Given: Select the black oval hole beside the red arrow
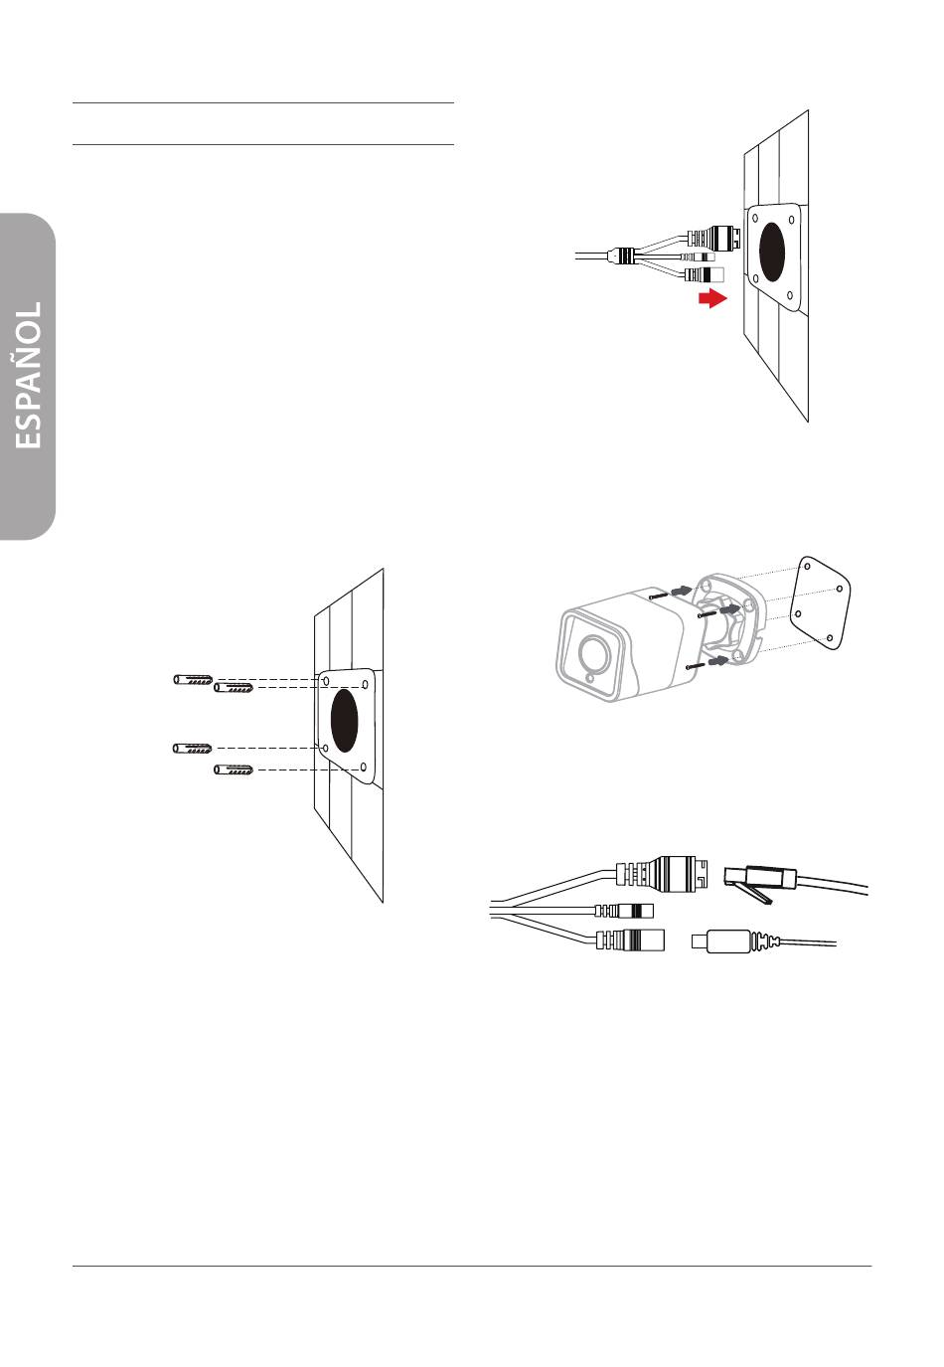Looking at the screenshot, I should click(772, 251).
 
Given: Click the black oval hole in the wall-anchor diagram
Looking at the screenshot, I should click(344, 719).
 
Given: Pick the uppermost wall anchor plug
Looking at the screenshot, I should click(193, 679).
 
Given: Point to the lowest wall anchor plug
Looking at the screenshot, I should click(234, 769).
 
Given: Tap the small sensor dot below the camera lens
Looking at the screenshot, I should click(590, 680).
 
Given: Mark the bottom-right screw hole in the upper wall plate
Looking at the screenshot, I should click(789, 294).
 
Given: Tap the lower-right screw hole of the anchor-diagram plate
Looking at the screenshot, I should click(364, 767).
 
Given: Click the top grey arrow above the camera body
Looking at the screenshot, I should click(680, 592).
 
